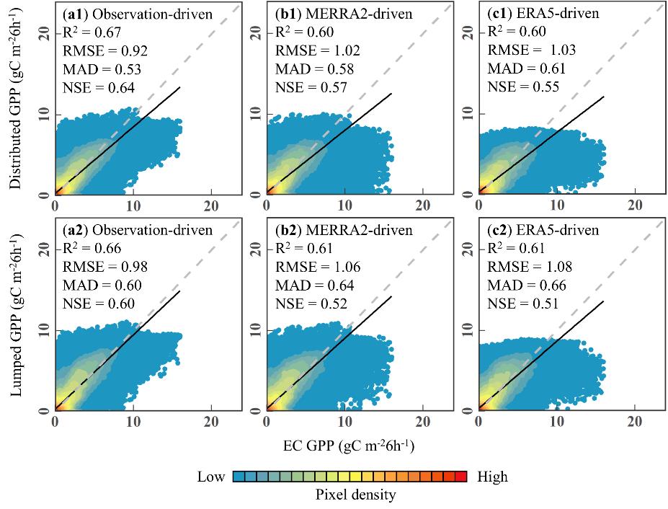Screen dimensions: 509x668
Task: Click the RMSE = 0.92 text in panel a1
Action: click(101, 51)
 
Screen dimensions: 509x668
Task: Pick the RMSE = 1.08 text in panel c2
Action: click(530, 267)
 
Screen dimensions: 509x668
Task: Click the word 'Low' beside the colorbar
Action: click(211, 477)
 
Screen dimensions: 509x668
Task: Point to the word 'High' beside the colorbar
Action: click(492, 477)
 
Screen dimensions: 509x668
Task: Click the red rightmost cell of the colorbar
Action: click(460, 477)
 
